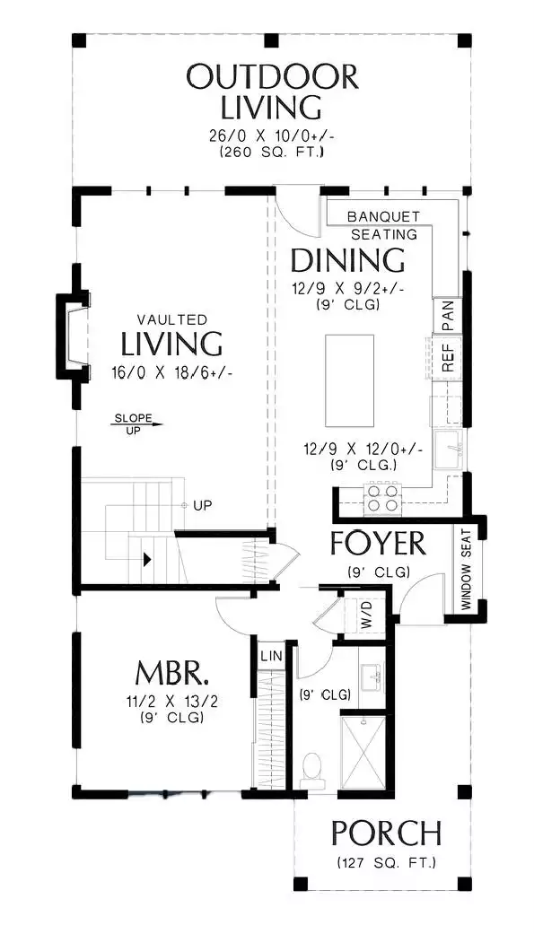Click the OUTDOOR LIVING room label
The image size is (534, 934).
(x=272, y=92)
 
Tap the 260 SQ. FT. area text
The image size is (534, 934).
(x=272, y=153)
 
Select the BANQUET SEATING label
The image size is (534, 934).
(x=384, y=225)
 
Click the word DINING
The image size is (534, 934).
(x=347, y=260)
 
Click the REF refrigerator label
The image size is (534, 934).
(x=448, y=356)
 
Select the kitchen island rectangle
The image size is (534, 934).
(x=349, y=380)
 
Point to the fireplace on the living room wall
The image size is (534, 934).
(x=74, y=336)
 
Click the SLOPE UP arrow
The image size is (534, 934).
(x=136, y=424)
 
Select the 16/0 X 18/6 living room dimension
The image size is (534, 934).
(x=171, y=373)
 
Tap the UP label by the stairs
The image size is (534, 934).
(x=203, y=505)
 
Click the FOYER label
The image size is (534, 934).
(x=379, y=543)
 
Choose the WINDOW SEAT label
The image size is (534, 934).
(x=466, y=569)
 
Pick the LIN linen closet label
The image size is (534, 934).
(x=271, y=656)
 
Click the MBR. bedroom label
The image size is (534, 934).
(x=172, y=674)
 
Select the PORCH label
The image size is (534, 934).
(x=386, y=833)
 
